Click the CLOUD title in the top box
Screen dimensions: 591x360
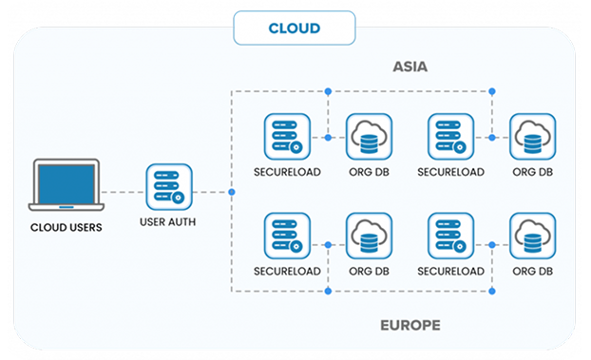pyautogui.click(x=295, y=28)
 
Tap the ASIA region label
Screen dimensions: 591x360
pyautogui.click(x=410, y=66)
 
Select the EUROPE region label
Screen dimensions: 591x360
pyautogui.click(x=410, y=325)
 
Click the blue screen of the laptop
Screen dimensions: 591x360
pyautogui.click(x=67, y=184)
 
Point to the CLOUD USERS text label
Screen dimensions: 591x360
pyautogui.click(x=66, y=227)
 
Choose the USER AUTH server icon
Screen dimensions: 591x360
pyautogui.click(x=169, y=186)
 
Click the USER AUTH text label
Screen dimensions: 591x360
pyautogui.click(x=168, y=222)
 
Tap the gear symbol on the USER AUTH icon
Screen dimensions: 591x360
pyautogui.click(x=178, y=198)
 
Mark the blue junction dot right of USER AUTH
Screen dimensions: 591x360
pyautogui.click(x=232, y=192)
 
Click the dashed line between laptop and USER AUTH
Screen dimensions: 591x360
pyautogui.click(x=124, y=192)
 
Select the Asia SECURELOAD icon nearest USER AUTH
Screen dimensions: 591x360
pyautogui.click(x=287, y=137)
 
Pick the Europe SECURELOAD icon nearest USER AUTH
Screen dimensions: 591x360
pyautogui.click(x=287, y=236)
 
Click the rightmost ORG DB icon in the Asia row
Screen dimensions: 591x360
pyautogui.click(x=533, y=137)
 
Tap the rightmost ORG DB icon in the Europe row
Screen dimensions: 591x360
pyautogui.click(x=533, y=236)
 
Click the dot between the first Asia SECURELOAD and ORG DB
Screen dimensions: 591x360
pyautogui.click(x=329, y=138)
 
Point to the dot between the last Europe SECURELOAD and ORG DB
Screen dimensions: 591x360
pyautogui.click(x=492, y=245)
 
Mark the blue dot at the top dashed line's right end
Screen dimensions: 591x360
pyautogui.click(x=492, y=91)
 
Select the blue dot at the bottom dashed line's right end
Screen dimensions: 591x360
pyautogui.click(x=492, y=291)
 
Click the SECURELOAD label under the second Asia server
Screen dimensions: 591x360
pyautogui.click(x=450, y=172)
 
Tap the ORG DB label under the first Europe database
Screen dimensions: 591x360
pyautogui.click(x=369, y=271)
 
